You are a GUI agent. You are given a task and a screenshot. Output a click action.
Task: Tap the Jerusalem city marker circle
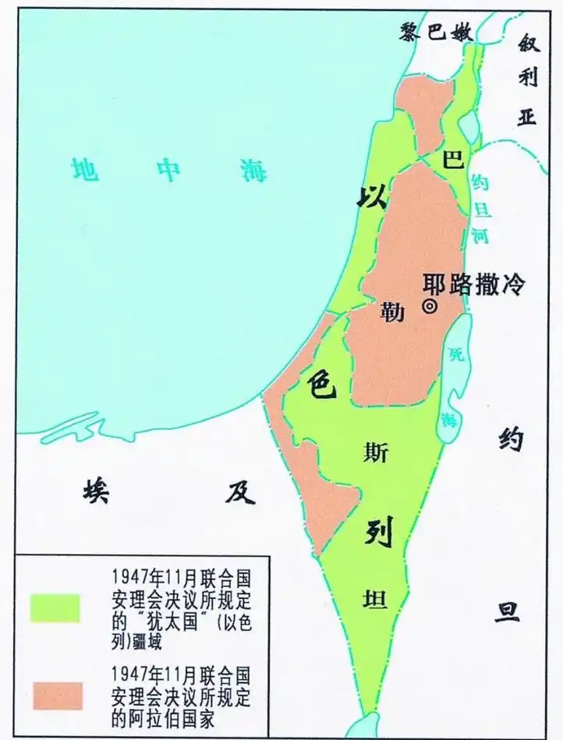point(429,306)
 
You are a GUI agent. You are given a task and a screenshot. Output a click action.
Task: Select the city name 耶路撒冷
point(474,284)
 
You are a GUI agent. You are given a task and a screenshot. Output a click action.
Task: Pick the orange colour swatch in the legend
point(55,696)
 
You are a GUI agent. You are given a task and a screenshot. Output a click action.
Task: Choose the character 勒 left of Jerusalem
point(391,312)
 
